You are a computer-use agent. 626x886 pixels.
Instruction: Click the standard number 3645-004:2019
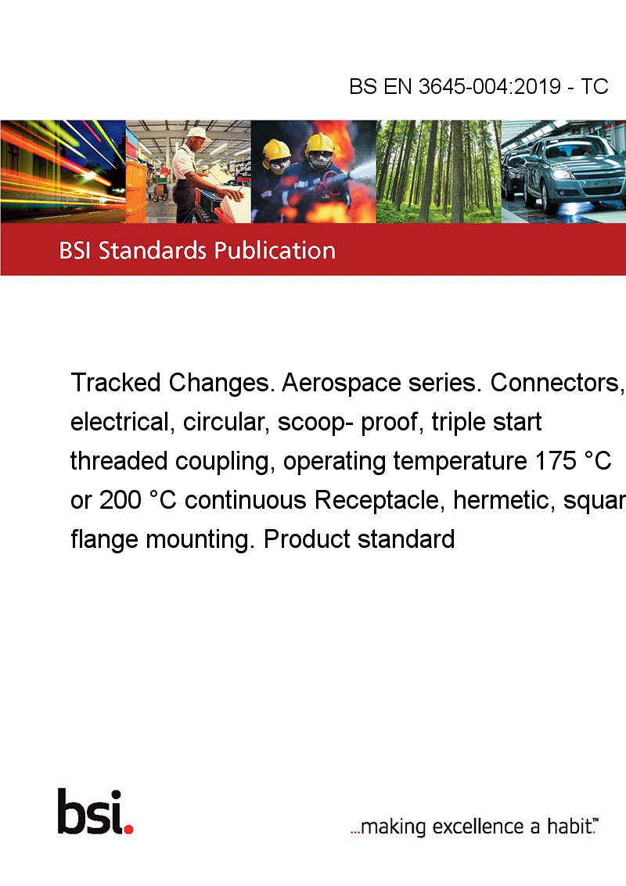click(x=489, y=86)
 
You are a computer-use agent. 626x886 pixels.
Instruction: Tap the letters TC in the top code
click(x=595, y=86)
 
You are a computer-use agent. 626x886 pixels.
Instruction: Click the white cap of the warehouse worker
click(x=196, y=133)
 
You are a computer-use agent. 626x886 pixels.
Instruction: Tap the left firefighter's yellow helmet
click(x=275, y=149)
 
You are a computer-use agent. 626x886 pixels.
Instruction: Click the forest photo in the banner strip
click(x=438, y=171)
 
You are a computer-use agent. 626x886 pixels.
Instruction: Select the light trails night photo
click(x=63, y=171)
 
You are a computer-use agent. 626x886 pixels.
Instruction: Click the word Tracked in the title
click(x=116, y=383)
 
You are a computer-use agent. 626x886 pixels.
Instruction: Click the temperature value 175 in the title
click(x=556, y=461)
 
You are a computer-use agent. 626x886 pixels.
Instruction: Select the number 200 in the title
click(x=121, y=500)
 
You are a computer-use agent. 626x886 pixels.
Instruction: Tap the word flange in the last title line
click(x=104, y=539)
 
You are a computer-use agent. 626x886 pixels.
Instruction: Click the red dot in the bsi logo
click(x=128, y=829)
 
